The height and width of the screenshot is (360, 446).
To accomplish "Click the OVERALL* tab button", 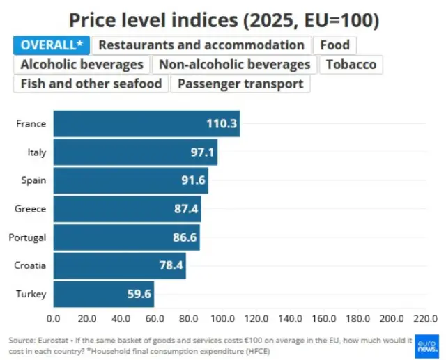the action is (52, 45).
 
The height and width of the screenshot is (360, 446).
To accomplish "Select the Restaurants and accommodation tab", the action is (201, 45).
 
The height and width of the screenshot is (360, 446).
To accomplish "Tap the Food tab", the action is (334, 45).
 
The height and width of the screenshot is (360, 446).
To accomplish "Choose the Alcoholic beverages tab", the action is (82, 65).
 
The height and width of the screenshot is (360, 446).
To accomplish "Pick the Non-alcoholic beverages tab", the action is (234, 65).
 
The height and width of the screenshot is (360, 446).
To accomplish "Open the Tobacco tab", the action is (351, 65).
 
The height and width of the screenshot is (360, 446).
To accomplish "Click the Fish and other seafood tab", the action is (91, 84).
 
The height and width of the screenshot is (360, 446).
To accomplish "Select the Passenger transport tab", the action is (240, 84).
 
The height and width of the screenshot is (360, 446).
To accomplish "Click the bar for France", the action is (146, 124).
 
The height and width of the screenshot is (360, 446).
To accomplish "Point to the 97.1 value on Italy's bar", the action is (202, 152).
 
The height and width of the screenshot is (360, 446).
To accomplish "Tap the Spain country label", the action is (33, 180).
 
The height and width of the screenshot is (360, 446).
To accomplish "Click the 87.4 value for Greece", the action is (186, 209).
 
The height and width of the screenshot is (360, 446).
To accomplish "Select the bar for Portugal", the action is (127, 237).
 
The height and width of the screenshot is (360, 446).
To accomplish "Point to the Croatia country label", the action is (30, 265).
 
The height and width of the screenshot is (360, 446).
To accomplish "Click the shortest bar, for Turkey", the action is (104, 294).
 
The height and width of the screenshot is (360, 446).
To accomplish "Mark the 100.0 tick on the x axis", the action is (222, 319).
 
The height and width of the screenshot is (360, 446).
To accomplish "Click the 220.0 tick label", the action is (426, 319).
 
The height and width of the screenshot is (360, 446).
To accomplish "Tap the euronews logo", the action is (426, 346).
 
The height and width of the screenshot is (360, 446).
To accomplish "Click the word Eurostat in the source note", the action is (53, 341).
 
